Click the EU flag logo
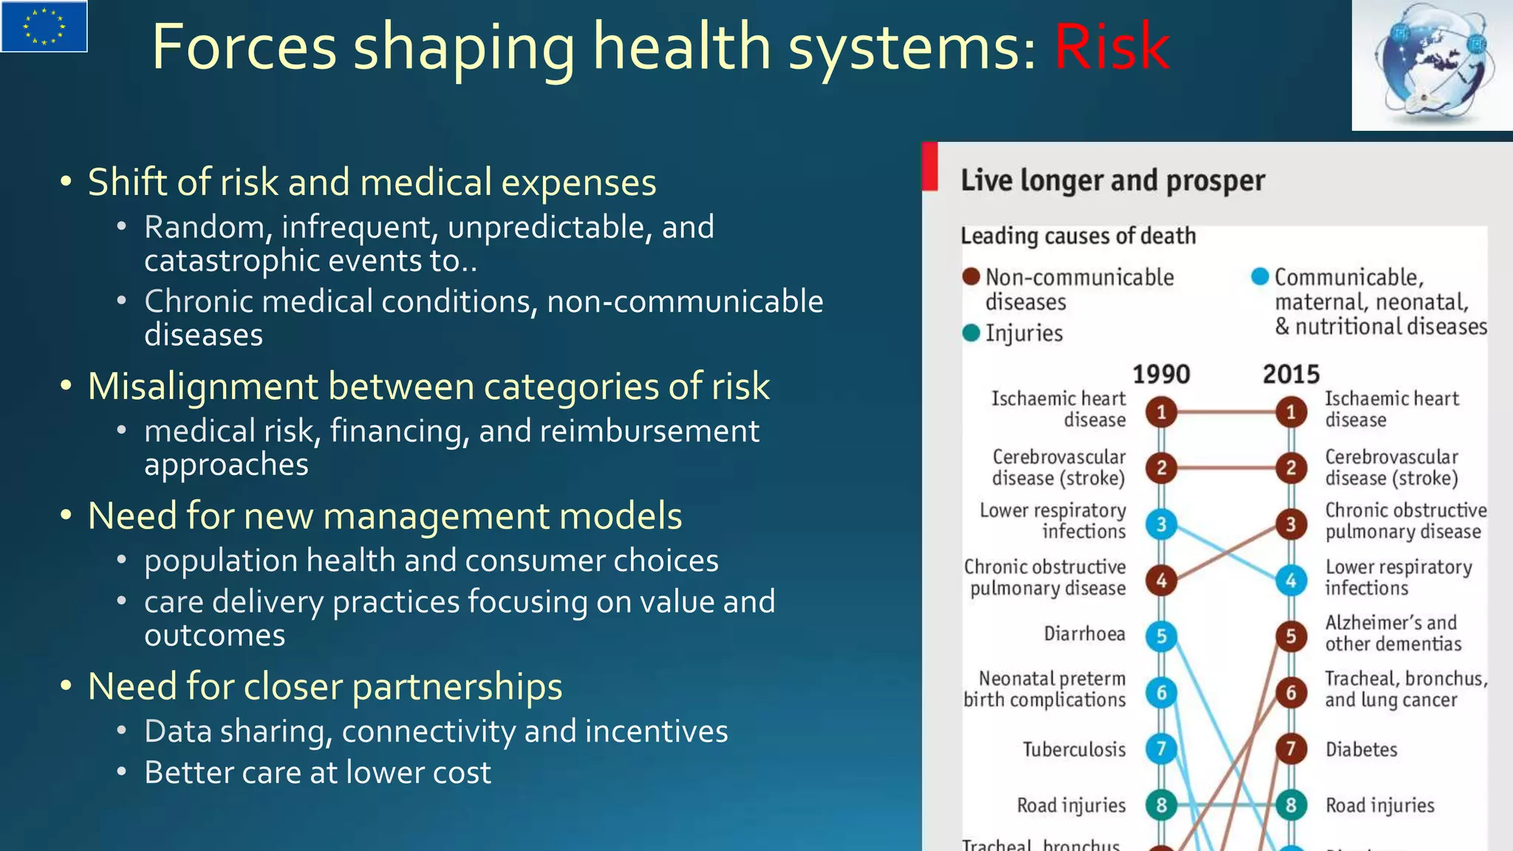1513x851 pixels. click(x=44, y=26)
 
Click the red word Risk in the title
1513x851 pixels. click(x=1111, y=47)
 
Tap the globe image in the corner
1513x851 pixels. click(x=1432, y=65)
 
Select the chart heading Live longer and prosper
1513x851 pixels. click(x=1113, y=181)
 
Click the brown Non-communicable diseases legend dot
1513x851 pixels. click(x=971, y=277)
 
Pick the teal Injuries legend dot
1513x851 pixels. click(x=971, y=333)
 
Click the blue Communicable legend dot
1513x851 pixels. click(x=1260, y=277)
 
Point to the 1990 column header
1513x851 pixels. click(x=1161, y=375)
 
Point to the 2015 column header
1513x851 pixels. click(x=1291, y=375)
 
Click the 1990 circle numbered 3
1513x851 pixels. click(x=1161, y=524)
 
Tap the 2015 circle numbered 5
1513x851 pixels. click(x=1291, y=636)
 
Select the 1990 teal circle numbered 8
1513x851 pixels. click(x=1161, y=805)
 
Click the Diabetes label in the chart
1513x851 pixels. click(x=1361, y=750)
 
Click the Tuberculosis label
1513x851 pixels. click(x=1073, y=750)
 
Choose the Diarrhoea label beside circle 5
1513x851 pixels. click(x=1084, y=634)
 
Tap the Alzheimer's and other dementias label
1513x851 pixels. click(x=1392, y=633)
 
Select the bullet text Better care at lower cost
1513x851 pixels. click(x=318, y=773)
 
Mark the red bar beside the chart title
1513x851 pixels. click(x=930, y=166)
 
